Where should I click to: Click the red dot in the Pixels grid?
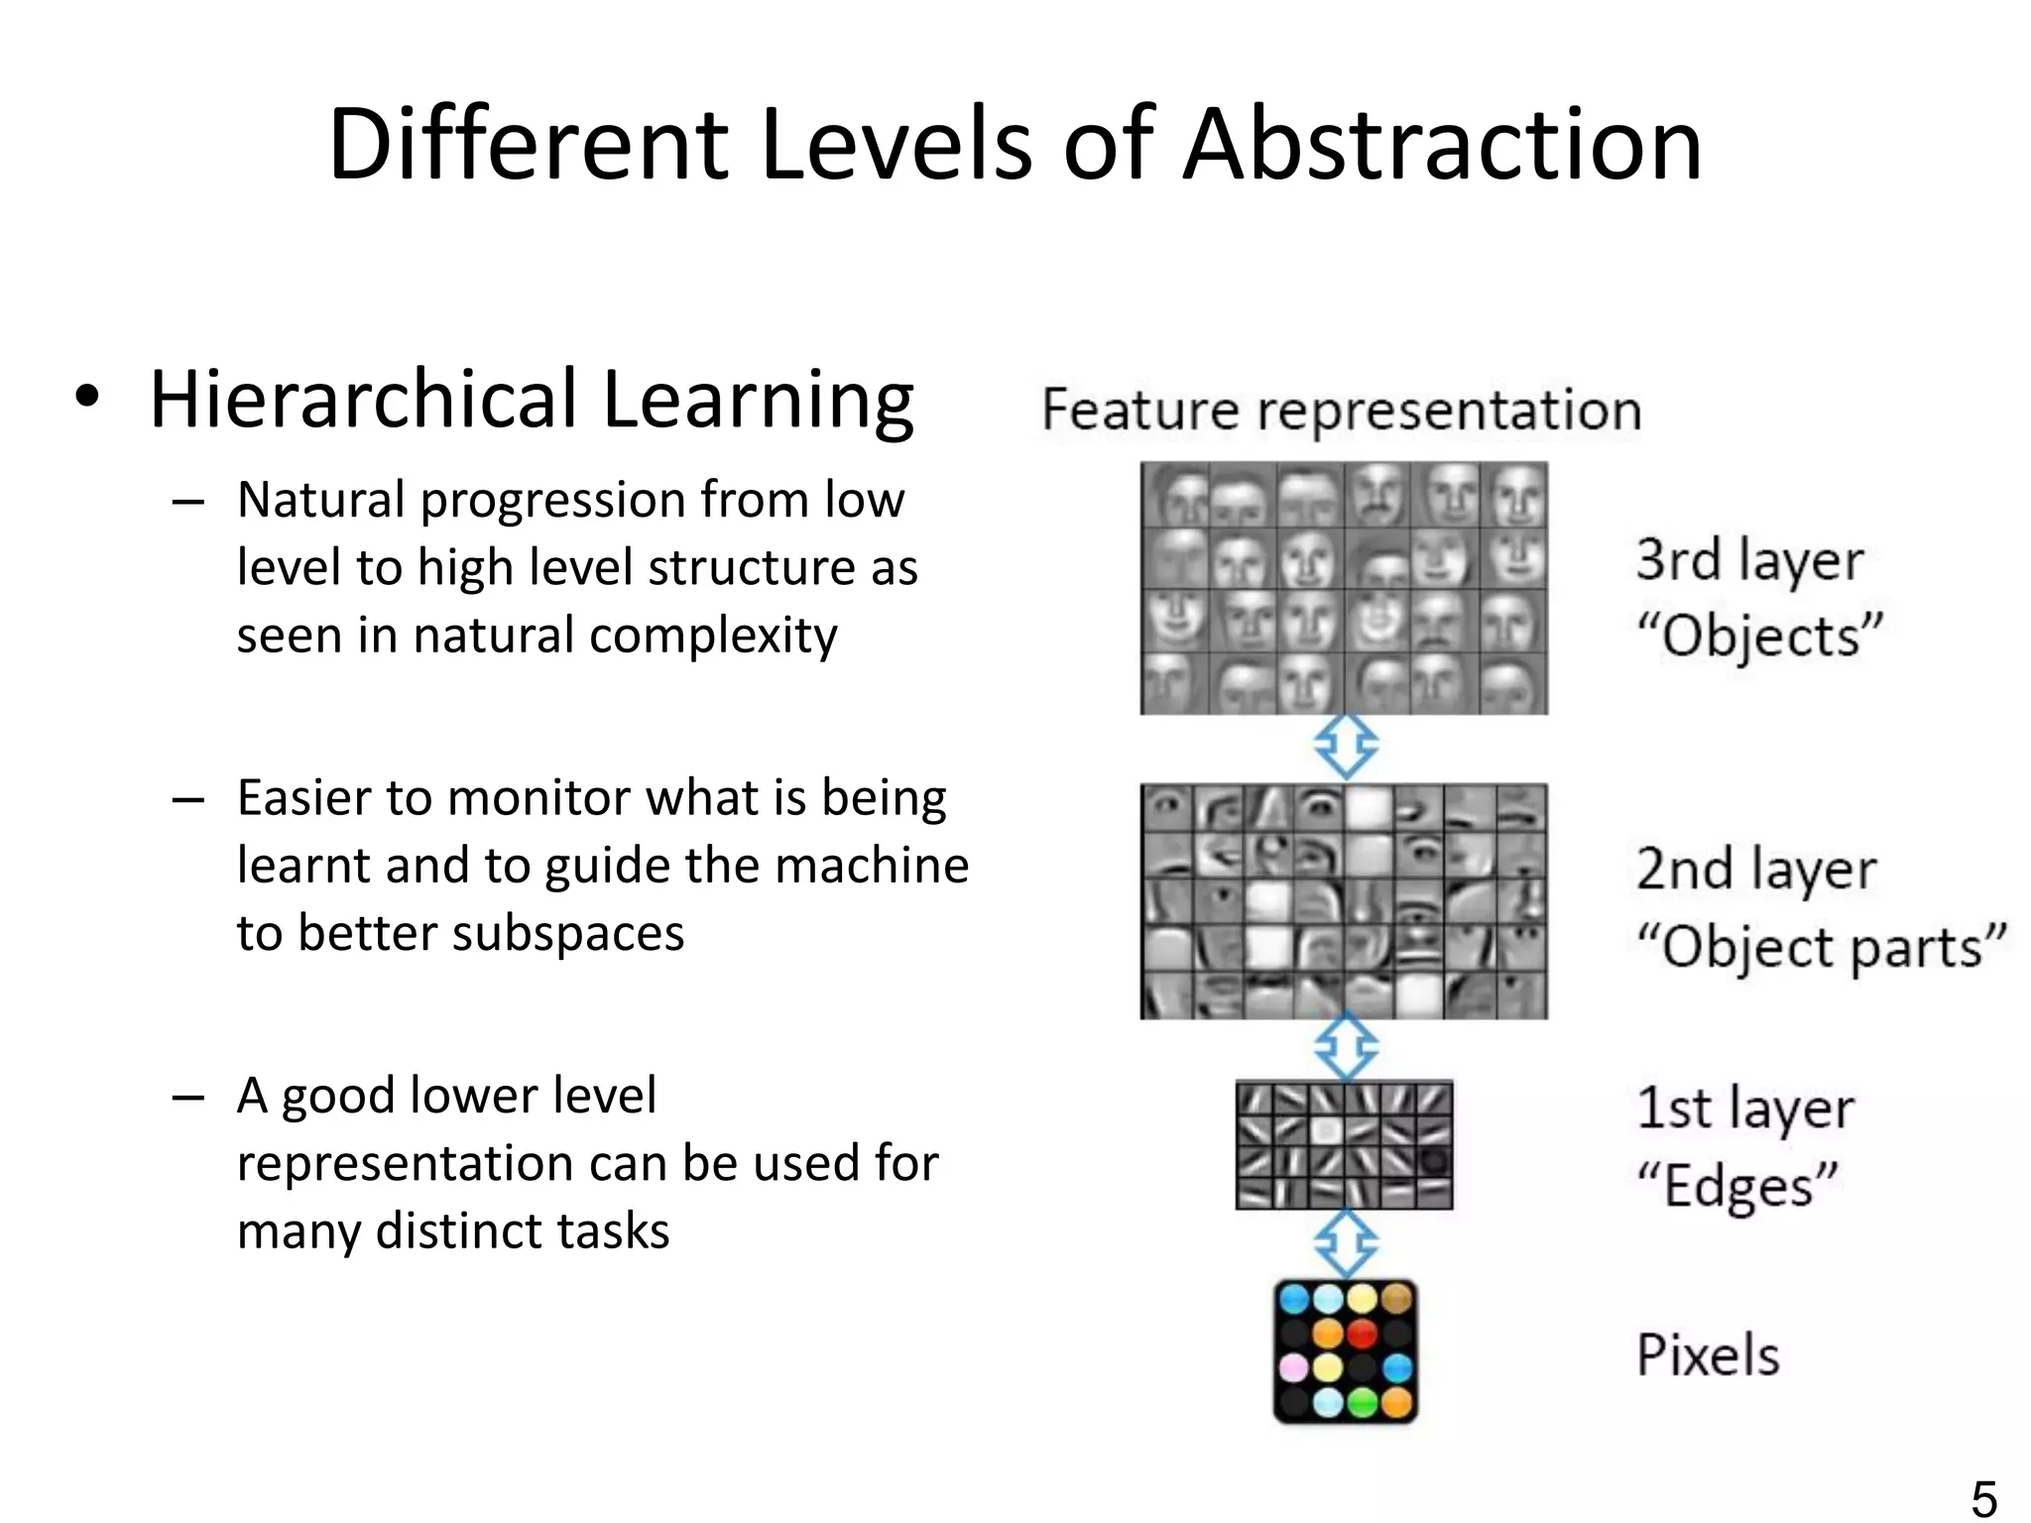point(1363,1333)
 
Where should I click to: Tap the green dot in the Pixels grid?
point(1363,1402)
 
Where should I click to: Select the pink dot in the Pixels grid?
point(1294,1368)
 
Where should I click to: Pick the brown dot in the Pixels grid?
point(1396,1298)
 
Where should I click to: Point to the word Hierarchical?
point(363,401)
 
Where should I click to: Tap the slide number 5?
point(1984,1497)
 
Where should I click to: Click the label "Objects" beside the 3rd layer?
point(1758,635)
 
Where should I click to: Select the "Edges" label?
point(1737,1186)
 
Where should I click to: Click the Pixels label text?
point(1708,1354)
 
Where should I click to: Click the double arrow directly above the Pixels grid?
point(1346,1243)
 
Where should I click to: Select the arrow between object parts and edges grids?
point(1346,1047)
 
